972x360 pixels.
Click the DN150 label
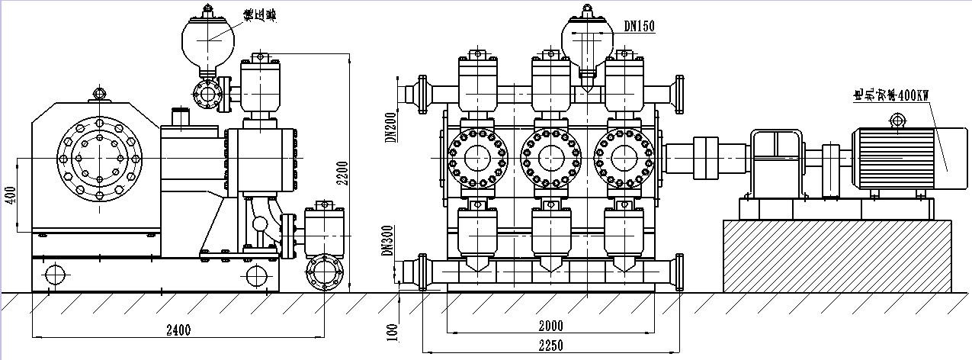coord(639,26)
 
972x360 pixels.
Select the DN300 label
coord(388,239)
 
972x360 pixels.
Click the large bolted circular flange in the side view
coord(99,159)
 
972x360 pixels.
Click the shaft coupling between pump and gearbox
coord(707,159)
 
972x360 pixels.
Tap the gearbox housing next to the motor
coord(778,160)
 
